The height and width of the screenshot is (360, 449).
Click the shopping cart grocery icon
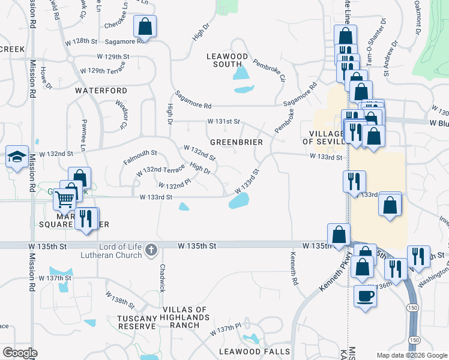(x=64, y=199)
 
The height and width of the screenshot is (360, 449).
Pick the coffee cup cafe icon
(x=365, y=296)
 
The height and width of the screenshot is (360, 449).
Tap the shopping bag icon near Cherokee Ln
(x=145, y=26)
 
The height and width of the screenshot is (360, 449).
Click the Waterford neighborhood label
(x=101, y=91)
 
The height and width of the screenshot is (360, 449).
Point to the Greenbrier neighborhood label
(x=237, y=142)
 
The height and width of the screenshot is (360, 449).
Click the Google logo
(x=20, y=353)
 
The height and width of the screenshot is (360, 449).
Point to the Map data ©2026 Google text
(x=411, y=355)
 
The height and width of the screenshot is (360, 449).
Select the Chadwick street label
(x=161, y=278)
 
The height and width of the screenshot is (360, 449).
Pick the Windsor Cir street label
(x=122, y=114)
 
